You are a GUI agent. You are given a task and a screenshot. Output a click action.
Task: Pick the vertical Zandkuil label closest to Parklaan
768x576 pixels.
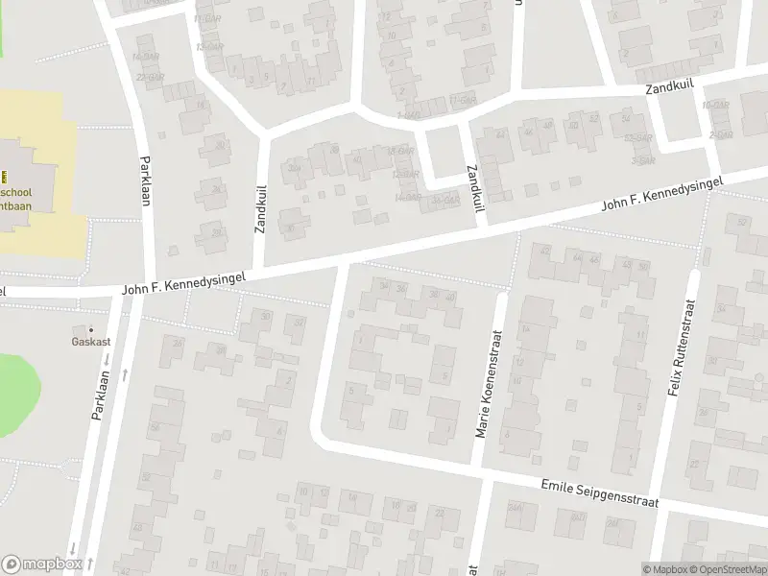click(x=259, y=210)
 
